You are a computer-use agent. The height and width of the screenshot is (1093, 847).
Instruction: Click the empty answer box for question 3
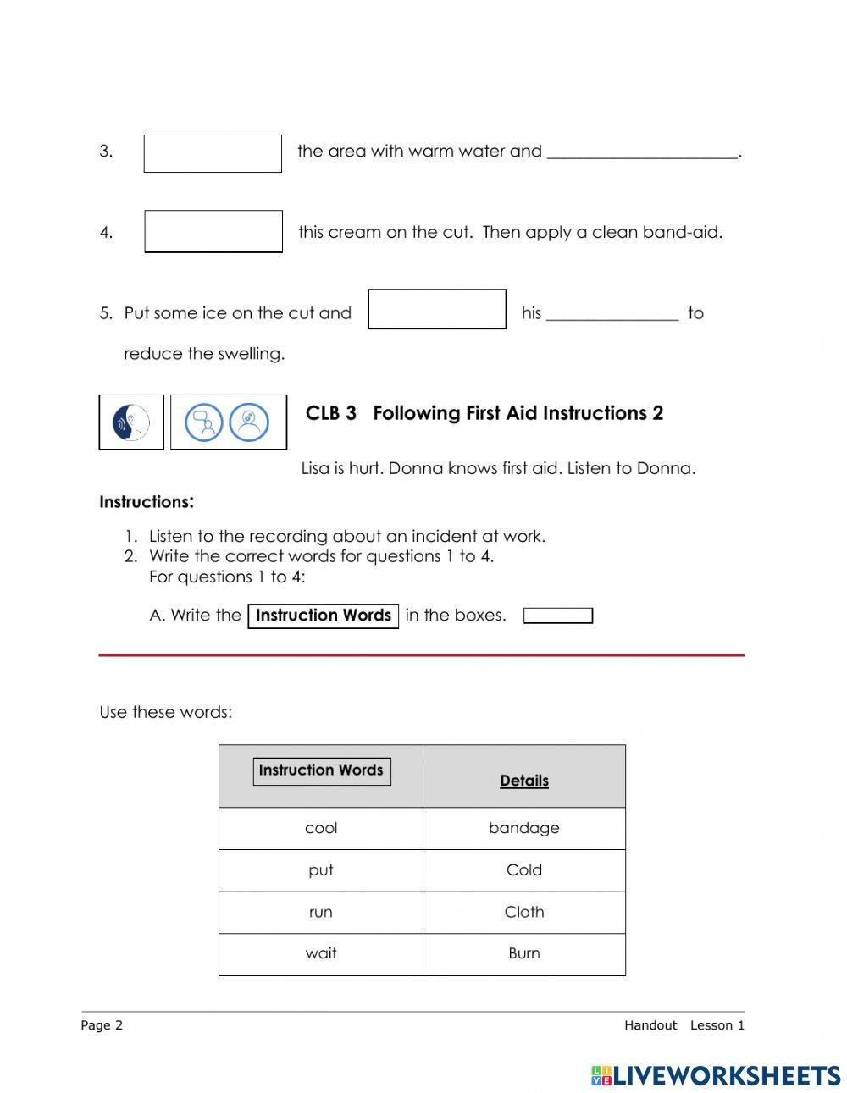[x=213, y=154]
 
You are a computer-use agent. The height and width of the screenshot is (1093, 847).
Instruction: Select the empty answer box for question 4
[x=213, y=232]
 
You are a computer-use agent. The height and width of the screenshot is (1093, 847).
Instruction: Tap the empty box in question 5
[x=437, y=309]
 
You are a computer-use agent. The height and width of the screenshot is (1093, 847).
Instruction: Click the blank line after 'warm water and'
[x=643, y=153]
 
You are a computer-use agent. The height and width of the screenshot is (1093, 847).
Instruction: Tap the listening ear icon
[x=131, y=422]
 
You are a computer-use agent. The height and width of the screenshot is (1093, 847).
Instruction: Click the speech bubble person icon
[x=204, y=422]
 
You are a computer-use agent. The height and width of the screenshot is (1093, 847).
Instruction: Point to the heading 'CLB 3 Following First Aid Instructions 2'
[x=484, y=413]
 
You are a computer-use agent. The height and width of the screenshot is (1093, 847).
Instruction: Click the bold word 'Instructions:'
[x=147, y=502]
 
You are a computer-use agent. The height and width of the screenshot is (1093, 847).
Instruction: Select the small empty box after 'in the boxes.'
[x=557, y=616]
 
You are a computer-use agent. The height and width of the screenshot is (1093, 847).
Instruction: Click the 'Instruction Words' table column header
[x=321, y=770]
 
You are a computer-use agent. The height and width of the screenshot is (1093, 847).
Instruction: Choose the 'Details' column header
[x=523, y=781]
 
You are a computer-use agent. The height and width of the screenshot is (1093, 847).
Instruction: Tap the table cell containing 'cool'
[x=321, y=828]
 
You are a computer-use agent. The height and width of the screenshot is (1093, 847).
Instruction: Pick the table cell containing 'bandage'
[x=523, y=828]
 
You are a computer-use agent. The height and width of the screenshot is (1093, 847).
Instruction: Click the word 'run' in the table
[x=321, y=913]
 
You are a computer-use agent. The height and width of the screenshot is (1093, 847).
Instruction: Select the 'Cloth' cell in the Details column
[x=523, y=913]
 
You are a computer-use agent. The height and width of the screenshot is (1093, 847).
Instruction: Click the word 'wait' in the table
[x=321, y=953]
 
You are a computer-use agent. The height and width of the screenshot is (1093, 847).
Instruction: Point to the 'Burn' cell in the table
[x=523, y=953]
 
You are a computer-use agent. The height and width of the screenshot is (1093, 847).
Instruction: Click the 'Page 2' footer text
[x=102, y=1025]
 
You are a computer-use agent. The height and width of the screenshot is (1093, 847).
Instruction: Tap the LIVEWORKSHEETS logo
[x=716, y=1075]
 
